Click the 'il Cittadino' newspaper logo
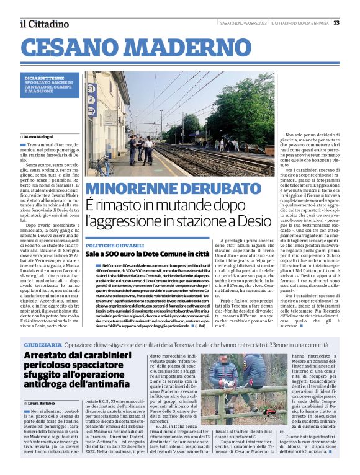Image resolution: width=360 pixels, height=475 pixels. [43, 24]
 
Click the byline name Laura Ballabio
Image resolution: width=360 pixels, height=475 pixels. [41, 404]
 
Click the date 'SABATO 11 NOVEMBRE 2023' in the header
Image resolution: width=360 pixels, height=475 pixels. [244, 23]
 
